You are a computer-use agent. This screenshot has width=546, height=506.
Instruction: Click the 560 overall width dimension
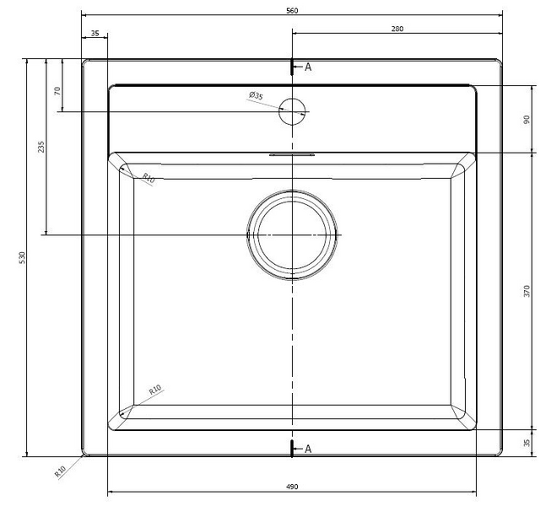pos(292,10)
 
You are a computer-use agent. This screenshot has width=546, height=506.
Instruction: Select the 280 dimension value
pos(397,29)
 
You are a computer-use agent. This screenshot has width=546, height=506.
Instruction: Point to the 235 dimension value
pos(41,147)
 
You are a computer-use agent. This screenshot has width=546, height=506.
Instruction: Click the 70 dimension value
pos(57,91)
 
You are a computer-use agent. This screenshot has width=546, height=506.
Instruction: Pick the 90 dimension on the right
pos(527,119)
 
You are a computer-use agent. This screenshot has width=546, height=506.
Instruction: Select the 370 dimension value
pos(527,291)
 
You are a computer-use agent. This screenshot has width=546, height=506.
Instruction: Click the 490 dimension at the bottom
pos(292,487)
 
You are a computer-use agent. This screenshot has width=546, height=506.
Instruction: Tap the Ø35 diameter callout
pos(257,96)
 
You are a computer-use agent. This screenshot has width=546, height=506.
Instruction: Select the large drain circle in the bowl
pos(292,234)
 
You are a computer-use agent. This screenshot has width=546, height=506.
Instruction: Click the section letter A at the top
pos(308,67)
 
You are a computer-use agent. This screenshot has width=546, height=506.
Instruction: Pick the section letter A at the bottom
pos(308,449)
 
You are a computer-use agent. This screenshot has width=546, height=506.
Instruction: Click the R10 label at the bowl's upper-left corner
pos(148,178)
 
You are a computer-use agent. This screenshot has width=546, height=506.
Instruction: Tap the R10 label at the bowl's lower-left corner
pos(155,390)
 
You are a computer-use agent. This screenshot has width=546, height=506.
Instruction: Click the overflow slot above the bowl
pos(292,155)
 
